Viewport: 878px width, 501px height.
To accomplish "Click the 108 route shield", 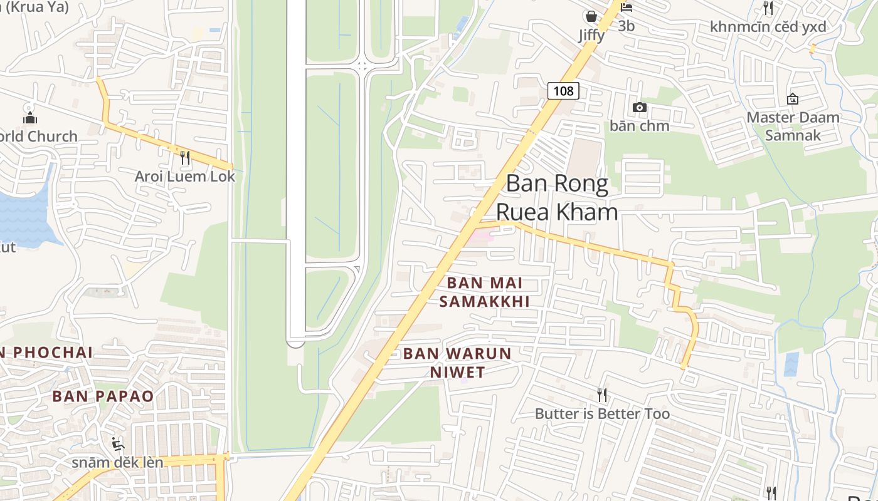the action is tap(563, 91).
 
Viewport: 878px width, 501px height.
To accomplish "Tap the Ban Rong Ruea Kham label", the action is tap(557, 198).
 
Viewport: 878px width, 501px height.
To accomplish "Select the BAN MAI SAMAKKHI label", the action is tap(484, 292).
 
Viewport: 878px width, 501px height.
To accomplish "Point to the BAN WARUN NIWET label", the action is tap(457, 363).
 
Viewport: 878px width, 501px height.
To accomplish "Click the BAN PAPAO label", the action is tap(103, 396).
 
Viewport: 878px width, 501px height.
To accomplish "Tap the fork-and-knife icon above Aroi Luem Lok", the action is tap(185, 158).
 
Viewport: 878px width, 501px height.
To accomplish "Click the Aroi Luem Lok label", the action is tap(185, 177).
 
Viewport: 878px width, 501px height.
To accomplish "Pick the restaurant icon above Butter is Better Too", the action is tap(602, 395).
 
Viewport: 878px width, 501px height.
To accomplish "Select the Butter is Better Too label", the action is tap(602, 414).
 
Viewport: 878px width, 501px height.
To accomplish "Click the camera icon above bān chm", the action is tap(640, 107).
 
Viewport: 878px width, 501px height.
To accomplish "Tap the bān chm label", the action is tap(640, 126).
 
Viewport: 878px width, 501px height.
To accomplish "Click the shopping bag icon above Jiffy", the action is tap(591, 16).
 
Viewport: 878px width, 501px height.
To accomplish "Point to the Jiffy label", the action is tap(591, 35).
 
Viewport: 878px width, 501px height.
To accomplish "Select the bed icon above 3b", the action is tap(626, 8).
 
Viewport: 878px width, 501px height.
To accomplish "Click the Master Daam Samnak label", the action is tap(793, 126).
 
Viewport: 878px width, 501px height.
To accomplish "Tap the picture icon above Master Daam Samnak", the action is tap(793, 98).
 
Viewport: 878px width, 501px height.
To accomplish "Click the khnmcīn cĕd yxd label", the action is tap(768, 27).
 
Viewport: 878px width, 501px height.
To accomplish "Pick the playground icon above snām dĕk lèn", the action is tap(117, 444).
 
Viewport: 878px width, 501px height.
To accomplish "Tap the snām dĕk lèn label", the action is tap(117, 463).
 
